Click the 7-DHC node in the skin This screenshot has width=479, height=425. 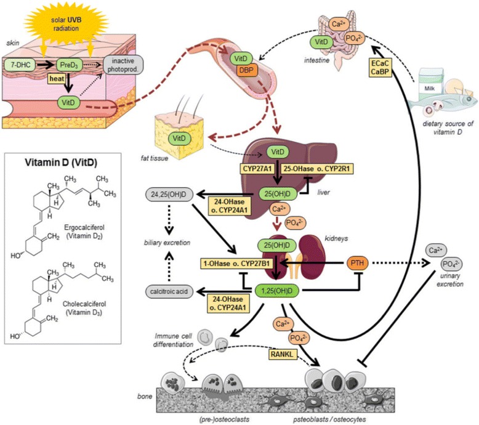(x=23, y=63)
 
